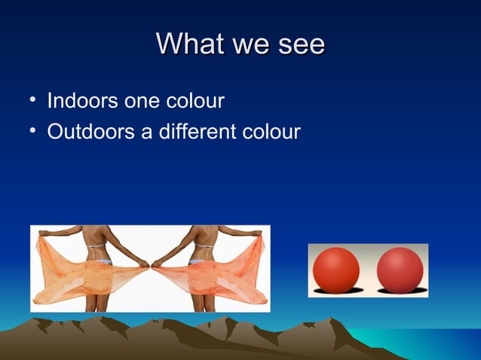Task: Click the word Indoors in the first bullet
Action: coord(78,100)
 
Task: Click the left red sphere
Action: coord(336,269)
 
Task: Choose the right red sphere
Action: coord(400,269)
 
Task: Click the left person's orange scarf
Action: coord(75,275)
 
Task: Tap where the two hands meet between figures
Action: coord(151,264)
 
